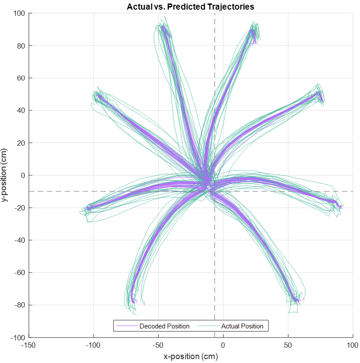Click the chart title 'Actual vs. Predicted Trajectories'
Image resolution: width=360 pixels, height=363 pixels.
pyautogui.click(x=190, y=7)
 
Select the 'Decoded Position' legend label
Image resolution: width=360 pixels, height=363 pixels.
pyautogui.click(x=164, y=326)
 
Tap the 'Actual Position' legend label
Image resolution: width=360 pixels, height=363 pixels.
pyautogui.click(x=242, y=326)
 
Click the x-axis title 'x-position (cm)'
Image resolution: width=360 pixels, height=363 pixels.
pyautogui.click(x=191, y=356)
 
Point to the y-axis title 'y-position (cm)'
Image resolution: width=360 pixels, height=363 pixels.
pyautogui.click(x=5, y=175)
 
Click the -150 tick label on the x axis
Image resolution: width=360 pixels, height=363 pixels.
pyautogui.click(x=29, y=346)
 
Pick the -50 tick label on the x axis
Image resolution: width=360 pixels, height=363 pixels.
pyautogui.click(x=158, y=346)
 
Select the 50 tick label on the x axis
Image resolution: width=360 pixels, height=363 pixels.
pyautogui.click(x=288, y=346)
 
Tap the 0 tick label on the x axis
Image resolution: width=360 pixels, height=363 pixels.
pyautogui.click(x=223, y=346)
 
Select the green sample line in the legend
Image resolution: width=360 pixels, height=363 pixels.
pyautogui.click(x=208, y=326)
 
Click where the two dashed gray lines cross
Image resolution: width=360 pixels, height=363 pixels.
pyautogui.click(x=215, y=191)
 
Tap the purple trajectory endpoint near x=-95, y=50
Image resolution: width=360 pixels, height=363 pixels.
pyautogui.click(x=99, y=96)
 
